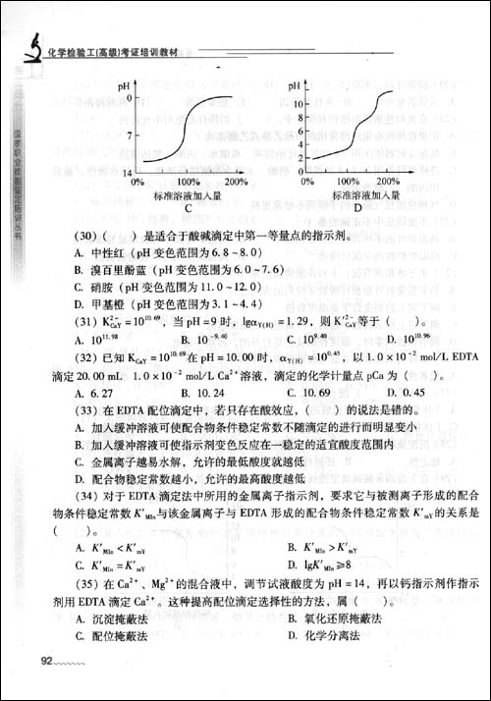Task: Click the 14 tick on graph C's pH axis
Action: [x=126, y=173]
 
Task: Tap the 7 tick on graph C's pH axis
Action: [x=129, y=132]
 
